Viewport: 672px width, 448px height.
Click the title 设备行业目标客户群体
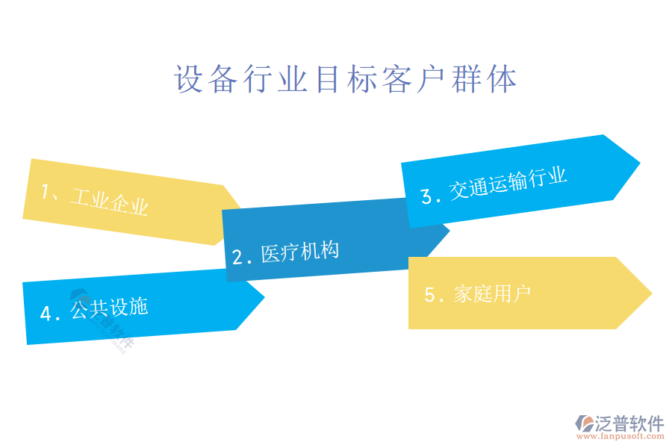(346, 79)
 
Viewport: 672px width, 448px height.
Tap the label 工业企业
(110, 201)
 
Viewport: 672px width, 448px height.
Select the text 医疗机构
(300, 252)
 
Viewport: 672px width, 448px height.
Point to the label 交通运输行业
(508, 183)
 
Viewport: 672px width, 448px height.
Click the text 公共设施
(109, 308)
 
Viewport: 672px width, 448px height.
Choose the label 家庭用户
(492, 294)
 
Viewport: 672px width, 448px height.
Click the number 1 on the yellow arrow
(46, 191)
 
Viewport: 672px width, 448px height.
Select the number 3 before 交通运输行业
(426, 196)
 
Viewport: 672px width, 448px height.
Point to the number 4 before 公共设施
(46, 314)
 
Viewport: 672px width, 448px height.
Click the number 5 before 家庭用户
(429, 295)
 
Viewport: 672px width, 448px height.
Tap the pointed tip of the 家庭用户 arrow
(651, 293)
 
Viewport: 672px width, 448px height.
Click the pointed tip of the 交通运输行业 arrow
(639, 163)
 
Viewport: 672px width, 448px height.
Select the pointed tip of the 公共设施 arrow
(264, 296)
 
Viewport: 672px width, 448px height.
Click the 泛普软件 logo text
(629, 423)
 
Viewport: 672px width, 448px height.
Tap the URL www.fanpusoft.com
(620, 436)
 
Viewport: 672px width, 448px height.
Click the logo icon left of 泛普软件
(584, 423)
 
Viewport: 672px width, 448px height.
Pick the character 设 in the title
(189, 79)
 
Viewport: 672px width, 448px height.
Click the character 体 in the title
(503, 79)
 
